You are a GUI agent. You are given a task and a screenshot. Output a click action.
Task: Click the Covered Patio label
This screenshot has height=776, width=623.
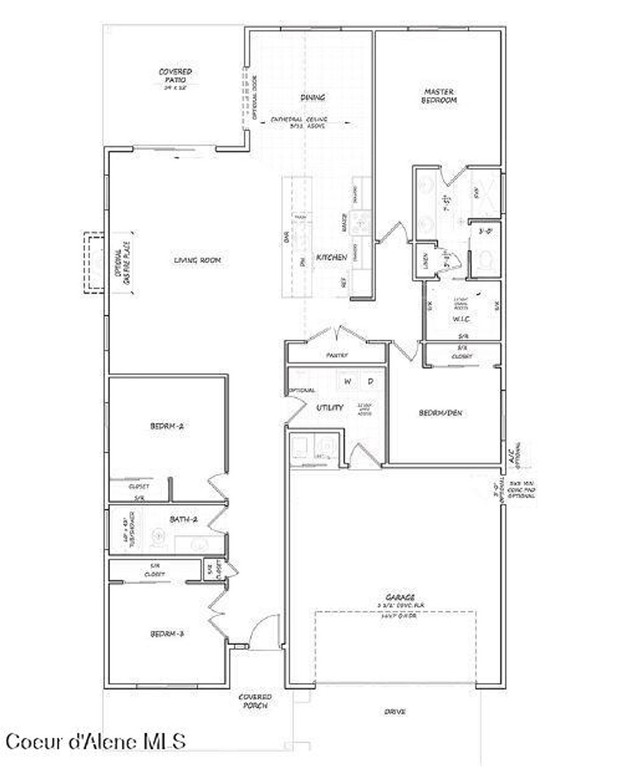pyautogui.click(x=175, y=75)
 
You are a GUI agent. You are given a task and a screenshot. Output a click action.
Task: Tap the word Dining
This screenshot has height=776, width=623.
pyautogui.click(x=313, y=97)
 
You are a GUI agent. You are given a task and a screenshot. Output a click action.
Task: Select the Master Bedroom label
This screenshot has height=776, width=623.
pyautogui.click(x=439, y=96)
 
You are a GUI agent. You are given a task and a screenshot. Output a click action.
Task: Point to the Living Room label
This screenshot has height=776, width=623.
pyautogui.click(x=197, y=260)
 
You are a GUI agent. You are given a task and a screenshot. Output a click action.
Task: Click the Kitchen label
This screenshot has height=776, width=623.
pyautogui.click(x=332, y=258)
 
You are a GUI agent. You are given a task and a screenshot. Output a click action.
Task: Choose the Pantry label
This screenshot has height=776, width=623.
pyautogui.click(x=336, y=354)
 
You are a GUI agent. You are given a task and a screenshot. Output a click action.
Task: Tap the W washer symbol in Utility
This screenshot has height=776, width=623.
pyautogui.click(x=347, y=382)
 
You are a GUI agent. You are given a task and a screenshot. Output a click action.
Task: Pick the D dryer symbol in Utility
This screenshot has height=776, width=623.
pyautogui.click(x=370, y=382)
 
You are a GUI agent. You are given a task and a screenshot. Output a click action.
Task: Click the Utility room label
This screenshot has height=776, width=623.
pyautogui.click(x=330, y=407)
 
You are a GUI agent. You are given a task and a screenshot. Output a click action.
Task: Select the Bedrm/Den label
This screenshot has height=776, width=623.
pyautogui.click(x=440, y=413)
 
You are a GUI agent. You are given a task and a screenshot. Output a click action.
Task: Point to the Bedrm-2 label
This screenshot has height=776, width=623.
pyautogui.click(x=167, y=427)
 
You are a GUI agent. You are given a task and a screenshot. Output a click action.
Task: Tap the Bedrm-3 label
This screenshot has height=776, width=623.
pyautogui.click(x=167, y=634)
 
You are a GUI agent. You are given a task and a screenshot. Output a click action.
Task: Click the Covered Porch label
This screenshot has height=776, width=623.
pyautogui.click(x=254, y=701)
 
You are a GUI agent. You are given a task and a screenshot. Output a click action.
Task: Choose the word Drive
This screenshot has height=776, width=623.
pyautogui.click(x=395, y=711)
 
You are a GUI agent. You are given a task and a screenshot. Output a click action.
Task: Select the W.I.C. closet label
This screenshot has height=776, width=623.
pyautogui.click(x=459, y=319)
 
